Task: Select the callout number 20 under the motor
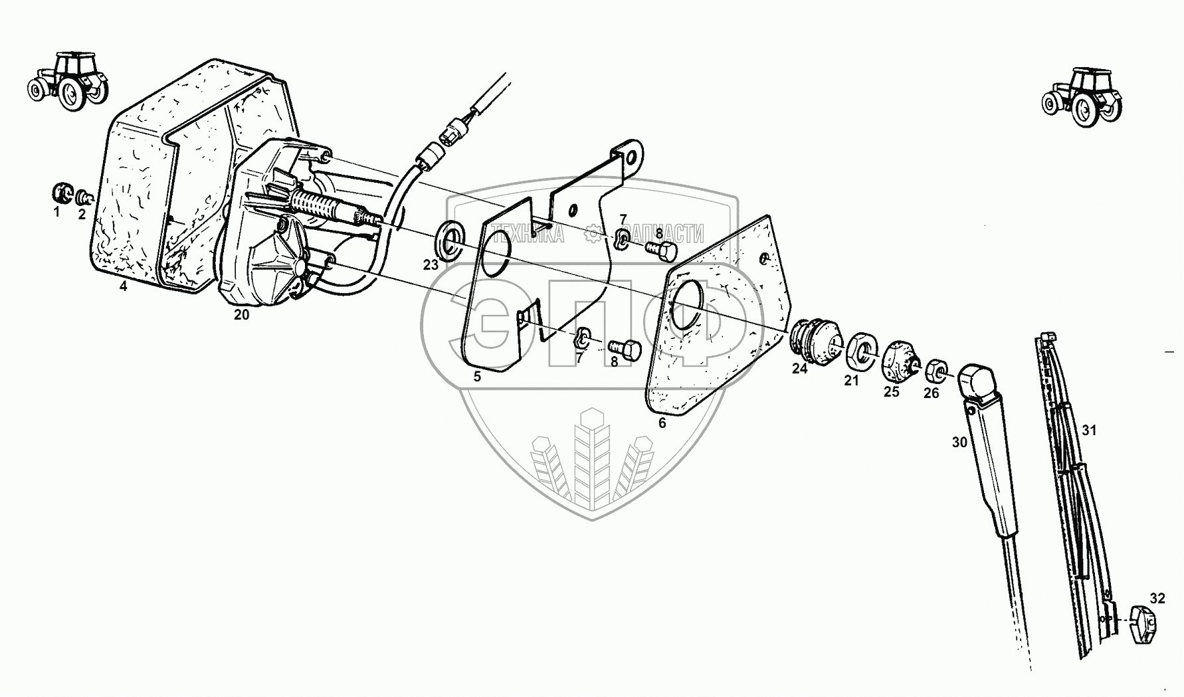tap(241, 315)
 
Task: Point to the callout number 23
tap(431, 265)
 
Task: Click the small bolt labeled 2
tap(84, 197)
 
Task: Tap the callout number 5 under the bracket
tap(477, 377)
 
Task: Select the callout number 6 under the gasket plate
tap(662, 423)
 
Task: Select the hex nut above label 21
tap(862, 349)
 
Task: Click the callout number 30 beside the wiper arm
tap(959, 442)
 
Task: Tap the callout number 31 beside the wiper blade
tap(1088, 431)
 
